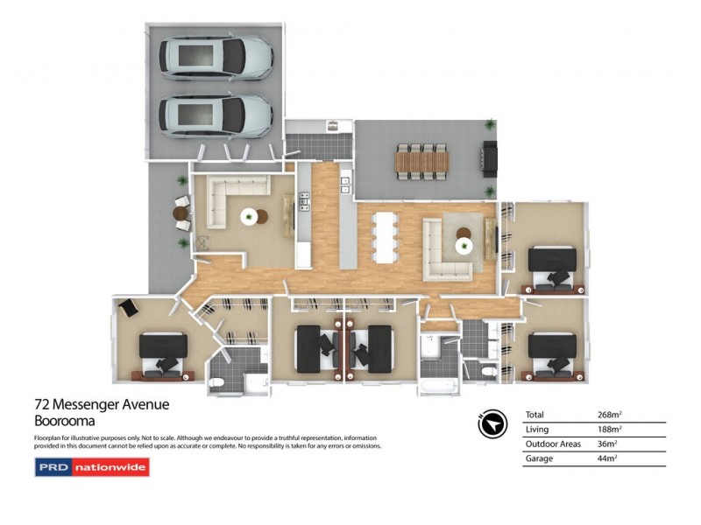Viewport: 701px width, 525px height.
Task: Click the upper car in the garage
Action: (216, 58)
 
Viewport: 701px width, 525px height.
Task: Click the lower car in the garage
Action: (216, 116)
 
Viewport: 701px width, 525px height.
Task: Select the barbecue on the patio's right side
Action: (490, 160)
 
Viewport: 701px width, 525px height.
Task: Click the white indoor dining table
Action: (386, 239)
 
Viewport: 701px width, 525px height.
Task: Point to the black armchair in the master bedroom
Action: (129, 308)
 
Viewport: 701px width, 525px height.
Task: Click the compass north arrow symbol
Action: (493, 424)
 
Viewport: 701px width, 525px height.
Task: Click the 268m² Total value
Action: (609, 414)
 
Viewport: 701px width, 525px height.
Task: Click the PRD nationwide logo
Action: (92, 467)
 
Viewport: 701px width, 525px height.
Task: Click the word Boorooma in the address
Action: (64, 420)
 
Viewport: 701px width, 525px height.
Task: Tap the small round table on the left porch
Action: (181, 212)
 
